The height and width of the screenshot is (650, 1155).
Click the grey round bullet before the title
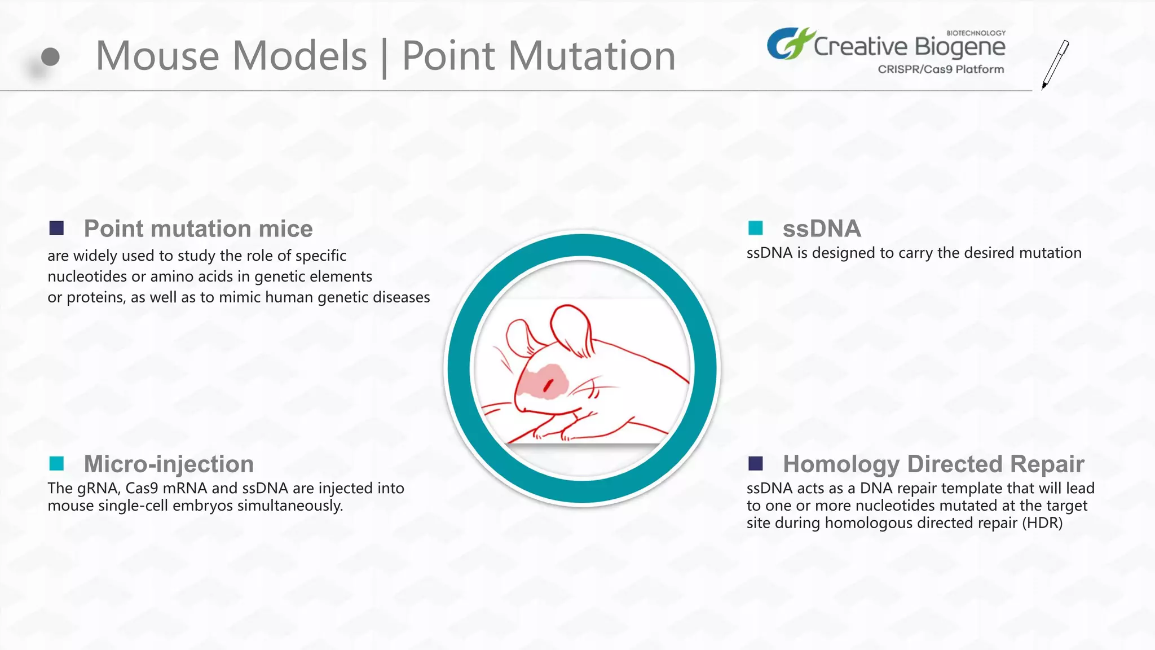[x=50, y=56]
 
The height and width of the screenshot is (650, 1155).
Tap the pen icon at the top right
[x=1055, y=64]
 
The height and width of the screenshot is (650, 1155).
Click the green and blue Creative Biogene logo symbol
[x=789, y=43]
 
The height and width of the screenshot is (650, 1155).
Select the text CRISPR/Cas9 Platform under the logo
[x=940, y=69]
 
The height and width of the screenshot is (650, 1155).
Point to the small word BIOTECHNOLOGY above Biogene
[x=975, y=33]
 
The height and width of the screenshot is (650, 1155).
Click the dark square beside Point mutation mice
[x=56, y=229]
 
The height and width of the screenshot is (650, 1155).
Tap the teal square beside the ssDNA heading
[x=755, y=229]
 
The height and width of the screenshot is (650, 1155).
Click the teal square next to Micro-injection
[x=56, y=464]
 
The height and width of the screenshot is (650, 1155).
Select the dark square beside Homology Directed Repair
[x=755, y=464]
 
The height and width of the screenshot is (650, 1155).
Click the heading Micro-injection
[x=169, y=464]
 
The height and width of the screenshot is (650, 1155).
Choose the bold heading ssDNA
[x=821, y=229]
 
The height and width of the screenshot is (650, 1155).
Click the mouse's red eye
[x=547, y=385]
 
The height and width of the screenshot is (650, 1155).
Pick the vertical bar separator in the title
[x=385, y=58]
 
